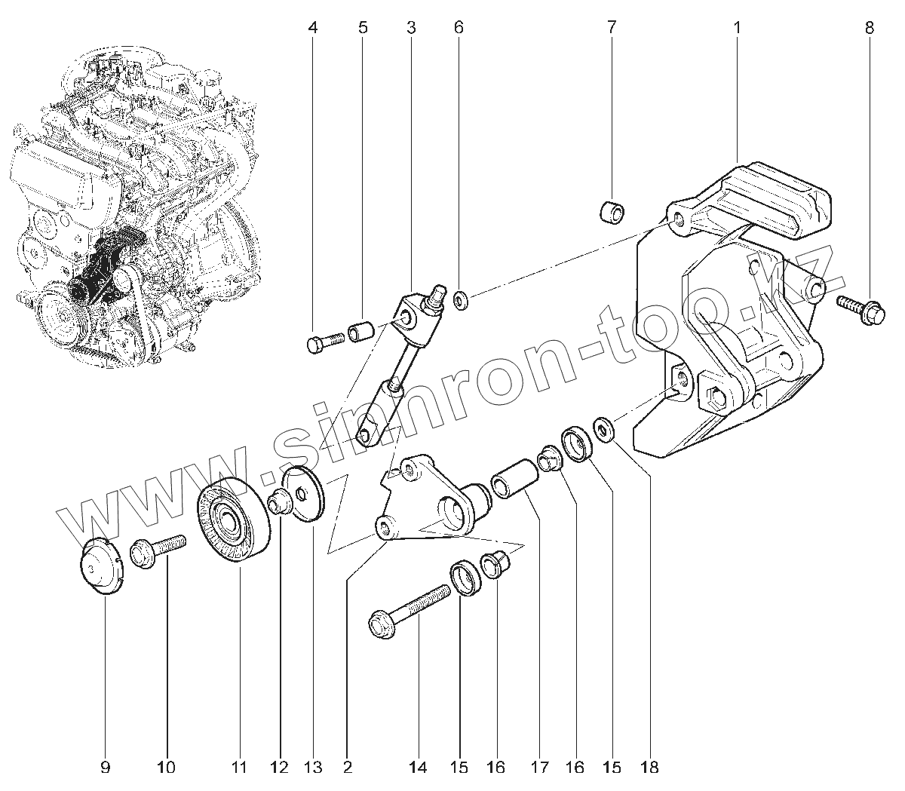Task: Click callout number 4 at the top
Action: pos(313,28)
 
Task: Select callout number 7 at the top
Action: pos(611,28)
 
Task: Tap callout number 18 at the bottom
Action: pos(649,768)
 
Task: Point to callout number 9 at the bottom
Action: pos(105,768)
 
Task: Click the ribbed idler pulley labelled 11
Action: pos(233,520)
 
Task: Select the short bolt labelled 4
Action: pos(325,344)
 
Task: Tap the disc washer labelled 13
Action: pos(305,493)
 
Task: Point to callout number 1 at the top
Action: pos(737,28)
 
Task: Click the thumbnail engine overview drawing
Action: pos(136,204)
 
